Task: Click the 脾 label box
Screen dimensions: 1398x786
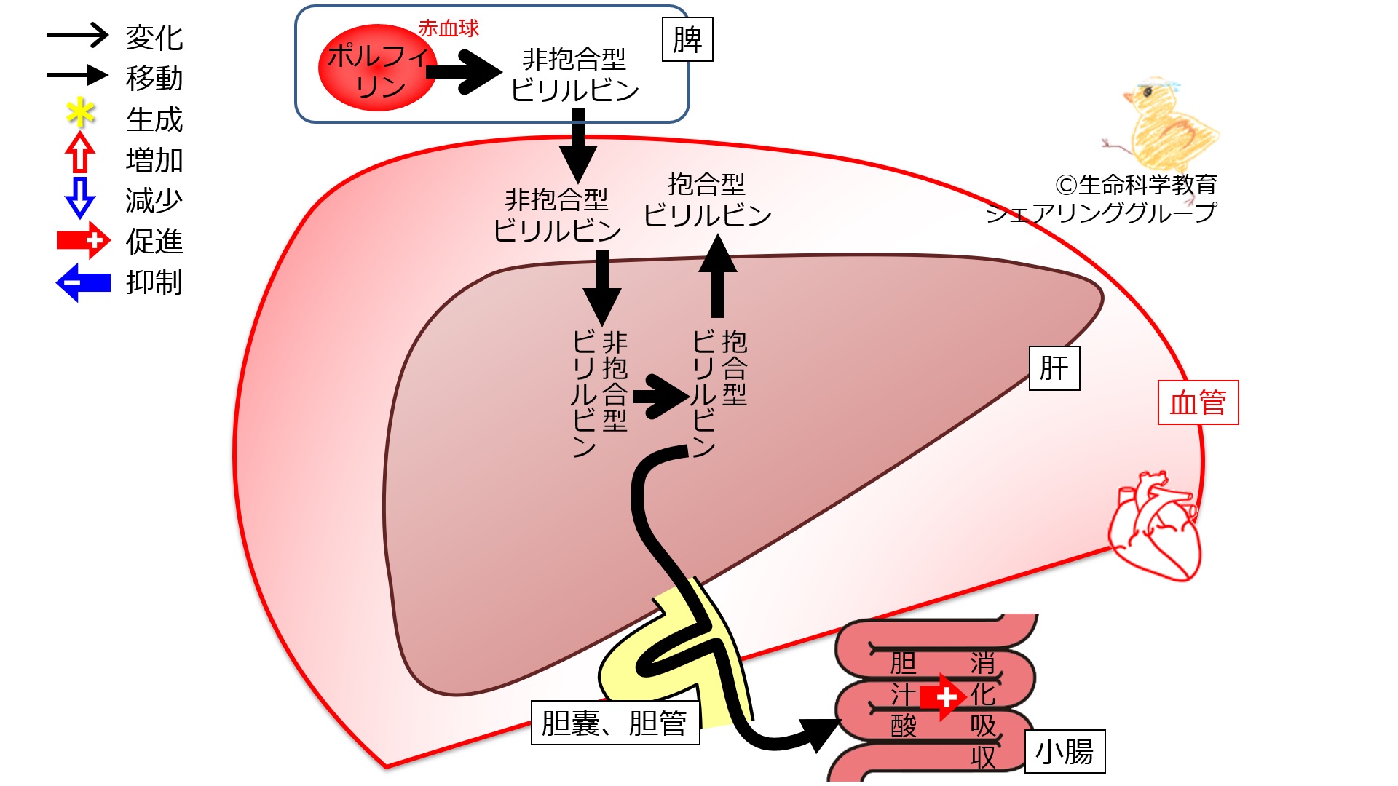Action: tap(687, 39)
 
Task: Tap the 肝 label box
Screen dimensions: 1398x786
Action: tap(1054, 368)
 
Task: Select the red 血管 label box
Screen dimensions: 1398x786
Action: tap(1198, 402)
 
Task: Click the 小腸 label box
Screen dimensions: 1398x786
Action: tap(1065, 751)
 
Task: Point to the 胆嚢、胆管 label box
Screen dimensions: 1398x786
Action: tap(615, 723)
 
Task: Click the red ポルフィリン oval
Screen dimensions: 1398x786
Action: tap(377, 68)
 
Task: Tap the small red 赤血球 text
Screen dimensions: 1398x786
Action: tap(449, 28)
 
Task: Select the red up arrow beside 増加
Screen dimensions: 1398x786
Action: tap(80, 152)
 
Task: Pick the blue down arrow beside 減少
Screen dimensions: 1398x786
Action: tap(80, 197)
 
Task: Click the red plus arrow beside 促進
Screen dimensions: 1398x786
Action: tap(84, 240)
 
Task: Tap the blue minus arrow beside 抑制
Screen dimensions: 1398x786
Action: tap(83, 282)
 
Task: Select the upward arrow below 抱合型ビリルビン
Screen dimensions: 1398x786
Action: tap(717, 276)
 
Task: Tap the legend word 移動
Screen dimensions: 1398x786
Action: tap(154, 78)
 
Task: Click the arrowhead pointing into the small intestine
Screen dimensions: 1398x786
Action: tap(821, 734)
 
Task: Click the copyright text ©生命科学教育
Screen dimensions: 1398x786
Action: tap(1136, 185)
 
